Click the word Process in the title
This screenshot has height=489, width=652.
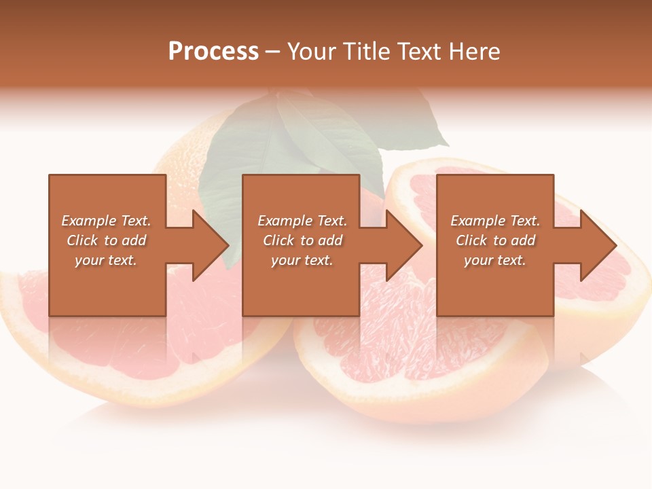click(213, 52)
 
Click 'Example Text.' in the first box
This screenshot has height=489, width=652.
click(106, 221)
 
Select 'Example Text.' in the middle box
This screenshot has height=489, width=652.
click(302, 221)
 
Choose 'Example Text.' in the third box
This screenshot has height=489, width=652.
click(495, 221)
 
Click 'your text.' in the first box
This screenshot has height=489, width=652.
click(106, 260)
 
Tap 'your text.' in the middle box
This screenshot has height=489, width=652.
click(302, 260)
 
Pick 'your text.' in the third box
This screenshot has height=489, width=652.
click(495, 260)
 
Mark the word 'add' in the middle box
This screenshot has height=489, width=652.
click(330, 240)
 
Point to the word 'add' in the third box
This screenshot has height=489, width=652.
click(523, 240)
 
